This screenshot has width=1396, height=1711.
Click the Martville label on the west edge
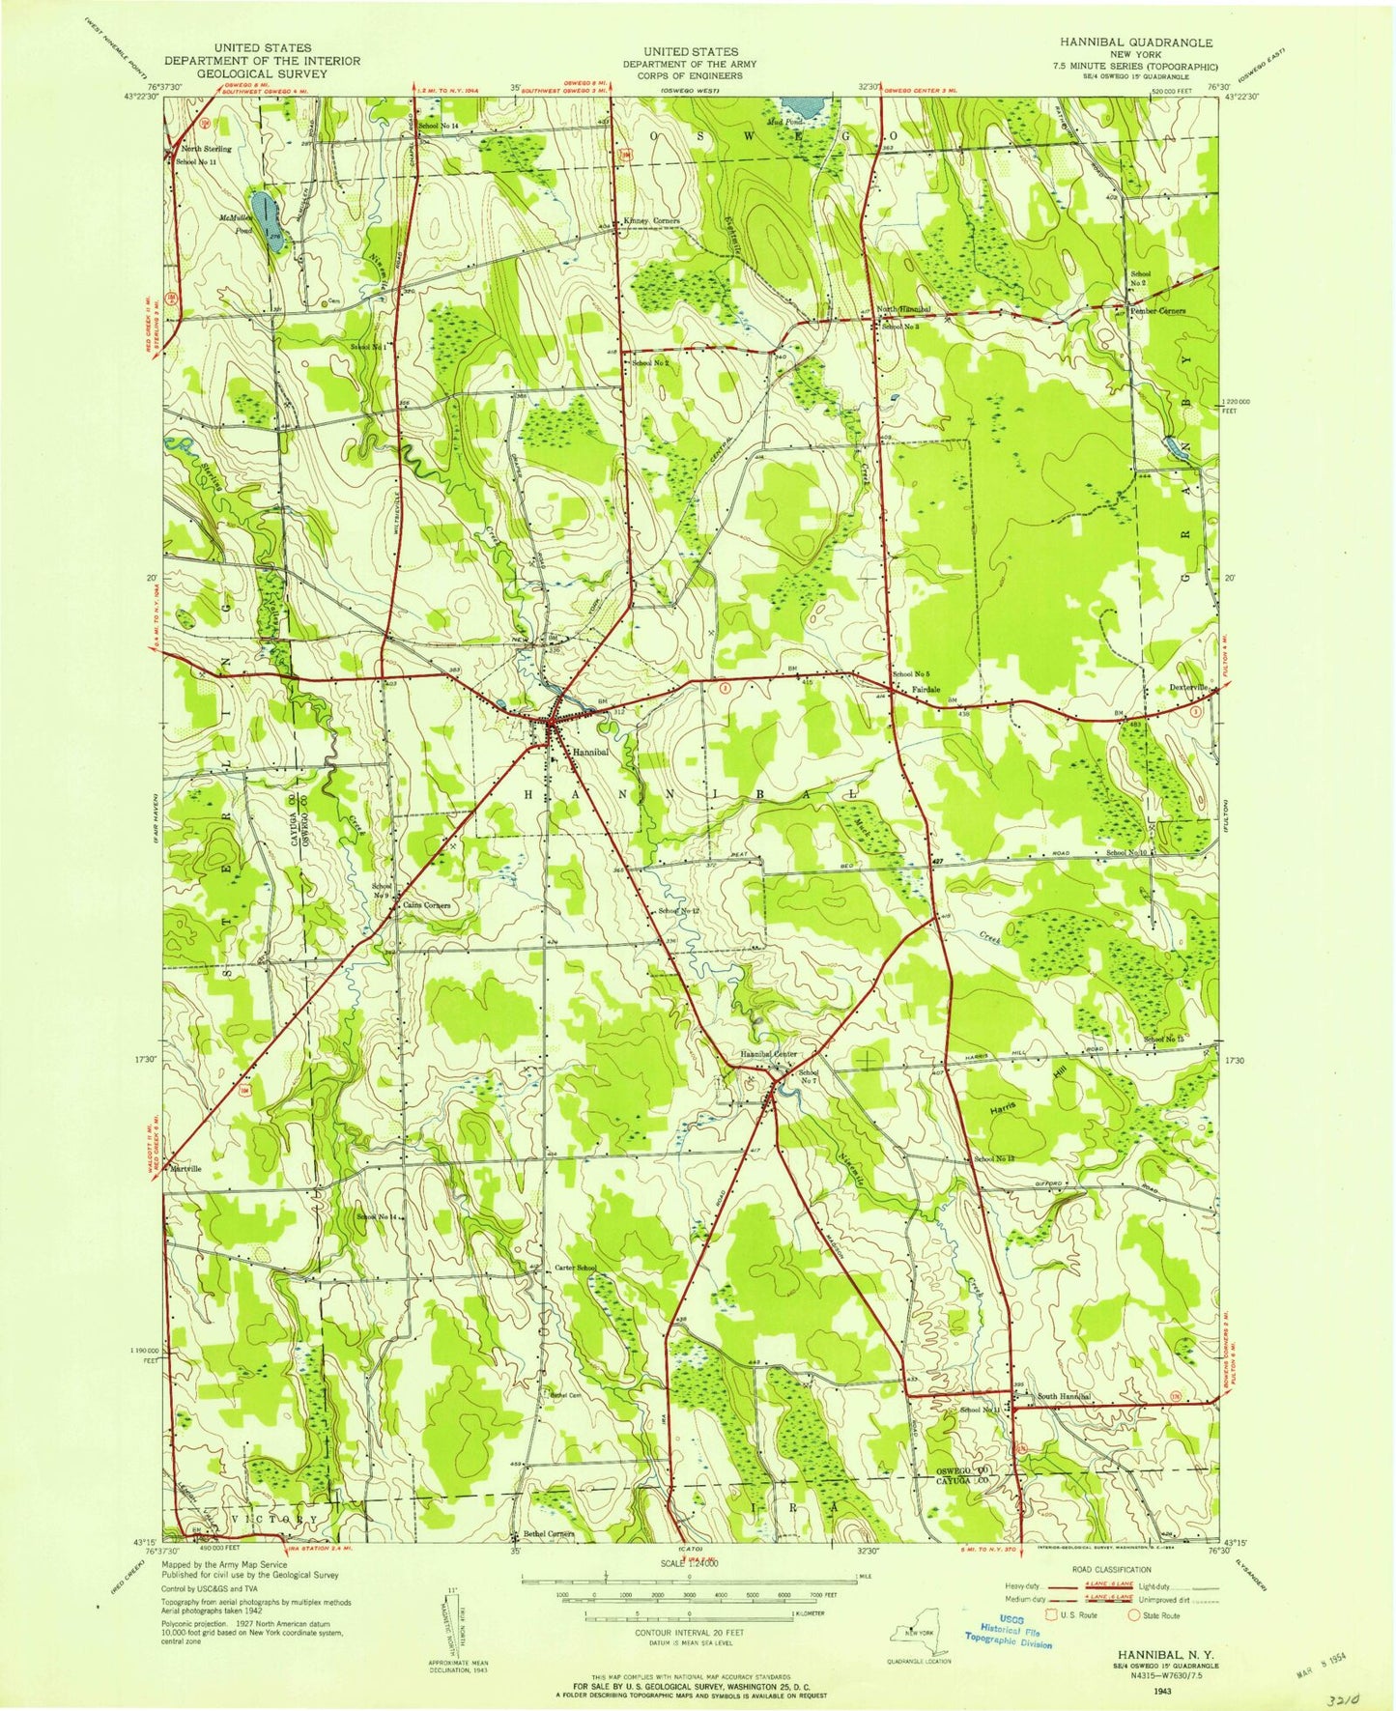click(x=186, y=1168)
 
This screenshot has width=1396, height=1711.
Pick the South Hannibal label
click(x=1064, y=1397)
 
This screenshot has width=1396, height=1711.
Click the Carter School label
click(x=575, y=1268)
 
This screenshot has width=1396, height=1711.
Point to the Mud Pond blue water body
click(x=802, y=103)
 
